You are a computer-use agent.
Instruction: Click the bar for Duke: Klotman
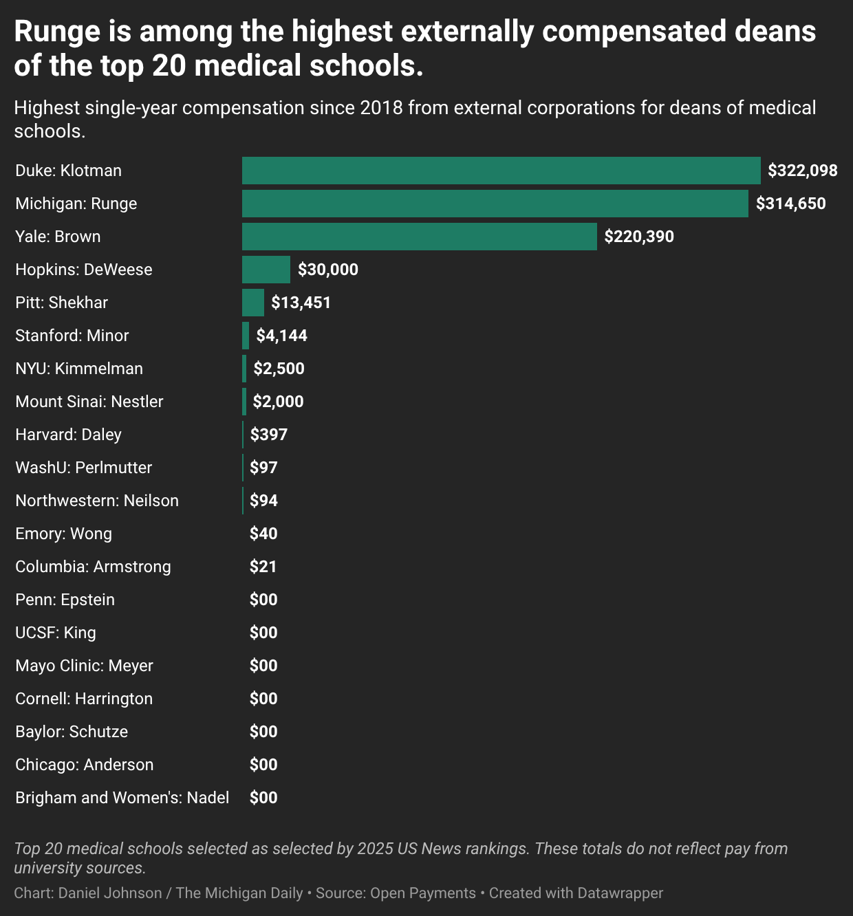pos(501,171)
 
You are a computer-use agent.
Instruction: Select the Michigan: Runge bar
pos(495,204)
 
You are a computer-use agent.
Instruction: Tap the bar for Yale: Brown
pos(419,237)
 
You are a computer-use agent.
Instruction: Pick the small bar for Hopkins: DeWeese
pos(266,270)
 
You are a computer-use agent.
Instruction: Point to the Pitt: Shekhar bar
pos(252,303)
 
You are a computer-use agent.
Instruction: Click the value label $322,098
pos(802,171)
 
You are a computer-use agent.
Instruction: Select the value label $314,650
pos(790,204)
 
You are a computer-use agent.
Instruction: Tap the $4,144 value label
pos(281,336)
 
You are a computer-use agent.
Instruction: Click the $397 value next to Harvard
pos(268,435)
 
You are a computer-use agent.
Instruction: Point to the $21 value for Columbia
pos(263,567)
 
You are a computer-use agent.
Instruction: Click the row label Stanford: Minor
pos(72,336)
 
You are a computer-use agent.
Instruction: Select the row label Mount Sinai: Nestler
pos(89,402)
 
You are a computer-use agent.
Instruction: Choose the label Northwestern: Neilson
pos(97,501)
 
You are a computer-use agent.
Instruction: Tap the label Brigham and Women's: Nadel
pos(122,798)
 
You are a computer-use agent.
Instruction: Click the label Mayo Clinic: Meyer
pos(84,666)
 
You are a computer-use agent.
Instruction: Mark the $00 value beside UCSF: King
pos(263,633)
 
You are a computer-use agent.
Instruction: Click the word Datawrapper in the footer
pos(620,893)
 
